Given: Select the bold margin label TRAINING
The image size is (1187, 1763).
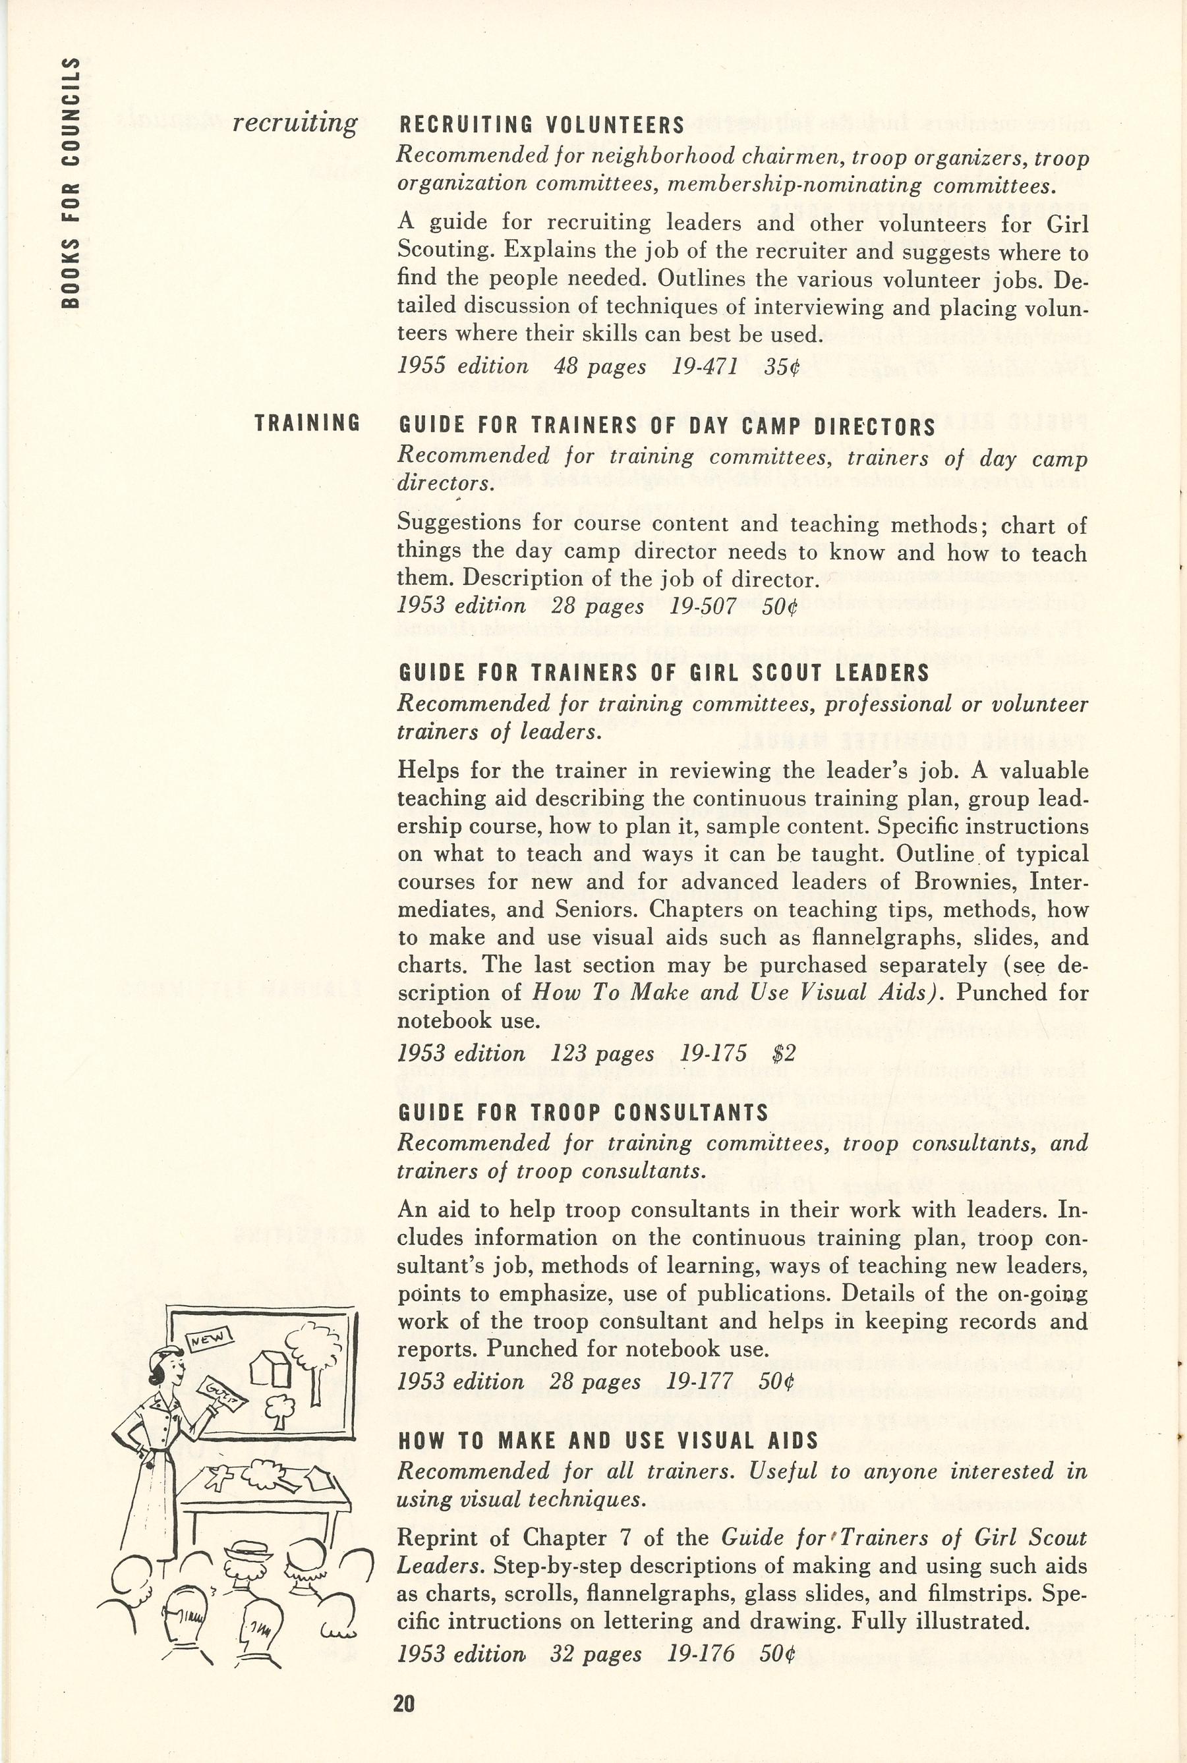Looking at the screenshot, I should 306,423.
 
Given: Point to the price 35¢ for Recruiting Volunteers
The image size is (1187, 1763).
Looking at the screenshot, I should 781,367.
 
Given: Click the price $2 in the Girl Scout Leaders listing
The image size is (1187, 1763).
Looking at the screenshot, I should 784,1053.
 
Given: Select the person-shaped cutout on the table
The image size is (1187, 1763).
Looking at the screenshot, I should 220,1476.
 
